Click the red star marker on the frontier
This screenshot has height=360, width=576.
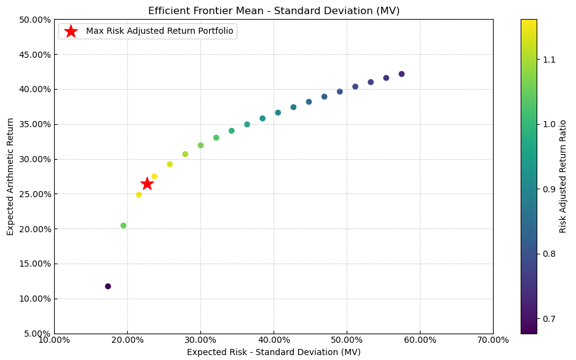(147, 184)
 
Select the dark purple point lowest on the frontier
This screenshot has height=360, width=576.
(108, 286)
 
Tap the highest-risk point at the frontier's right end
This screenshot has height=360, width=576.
(401, 74)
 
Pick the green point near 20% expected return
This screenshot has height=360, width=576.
(124, 225)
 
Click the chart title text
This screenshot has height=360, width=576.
(274, 11)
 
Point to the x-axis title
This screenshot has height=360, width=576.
(274, 352)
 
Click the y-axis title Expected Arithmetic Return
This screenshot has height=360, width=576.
(10, 176)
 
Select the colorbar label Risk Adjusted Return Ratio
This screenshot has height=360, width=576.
(562, 176)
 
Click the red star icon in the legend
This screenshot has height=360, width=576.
(71, 31)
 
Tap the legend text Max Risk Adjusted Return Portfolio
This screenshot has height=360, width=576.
(160, 31)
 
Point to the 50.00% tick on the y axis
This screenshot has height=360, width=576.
(36, 20)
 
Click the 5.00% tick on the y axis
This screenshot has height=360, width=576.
(37, 334)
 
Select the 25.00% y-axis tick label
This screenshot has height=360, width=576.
(36, 194)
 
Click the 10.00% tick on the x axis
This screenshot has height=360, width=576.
(54, 340)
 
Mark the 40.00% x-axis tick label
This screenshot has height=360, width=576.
(274, 340)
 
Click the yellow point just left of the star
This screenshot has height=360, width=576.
(139, 195)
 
